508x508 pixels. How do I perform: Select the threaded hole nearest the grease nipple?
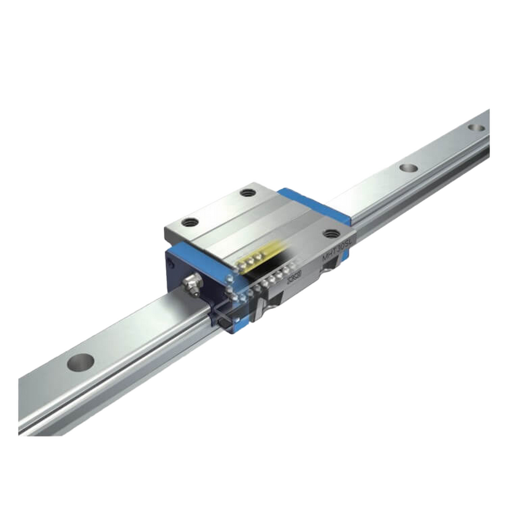point(189,223)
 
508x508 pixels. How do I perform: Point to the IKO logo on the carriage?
point(294,276)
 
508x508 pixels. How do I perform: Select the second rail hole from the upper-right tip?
point(407,167)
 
